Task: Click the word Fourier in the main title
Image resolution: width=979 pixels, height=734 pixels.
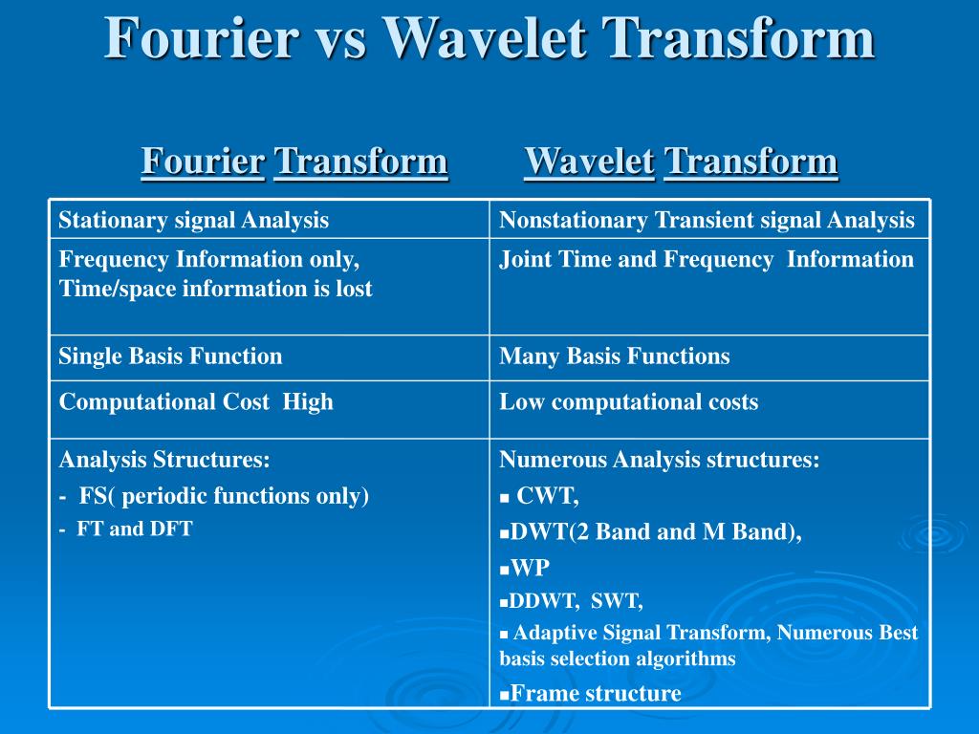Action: [201, 37]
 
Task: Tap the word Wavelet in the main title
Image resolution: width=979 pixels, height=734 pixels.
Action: [485, 37]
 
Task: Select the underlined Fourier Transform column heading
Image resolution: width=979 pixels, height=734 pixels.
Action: [294, 161]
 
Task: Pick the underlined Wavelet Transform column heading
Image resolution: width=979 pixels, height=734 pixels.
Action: [681, 161]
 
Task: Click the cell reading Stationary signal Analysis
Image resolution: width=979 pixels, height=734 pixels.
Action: [193, 221]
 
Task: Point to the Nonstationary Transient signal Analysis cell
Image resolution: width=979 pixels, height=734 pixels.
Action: [707, 221]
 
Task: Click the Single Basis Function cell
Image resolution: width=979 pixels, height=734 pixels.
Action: [170, 356]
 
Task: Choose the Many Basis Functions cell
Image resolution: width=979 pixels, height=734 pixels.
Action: [615, 356]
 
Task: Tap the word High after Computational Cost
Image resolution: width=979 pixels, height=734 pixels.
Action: [308, 402]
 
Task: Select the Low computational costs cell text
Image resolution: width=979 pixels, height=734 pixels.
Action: [629, 402]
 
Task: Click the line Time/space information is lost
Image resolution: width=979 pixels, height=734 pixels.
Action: [215, 289]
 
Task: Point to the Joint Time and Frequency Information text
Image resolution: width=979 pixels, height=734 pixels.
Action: [707, 259]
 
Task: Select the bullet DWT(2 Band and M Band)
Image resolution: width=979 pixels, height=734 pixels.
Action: [650, 531]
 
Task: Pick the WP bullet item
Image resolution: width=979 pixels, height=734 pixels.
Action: [525, 568]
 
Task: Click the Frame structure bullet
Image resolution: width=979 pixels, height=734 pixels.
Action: [591, 694]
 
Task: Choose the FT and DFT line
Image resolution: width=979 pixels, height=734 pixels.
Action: [126, 529]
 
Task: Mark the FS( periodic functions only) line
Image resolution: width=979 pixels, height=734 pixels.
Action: [214, 496]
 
